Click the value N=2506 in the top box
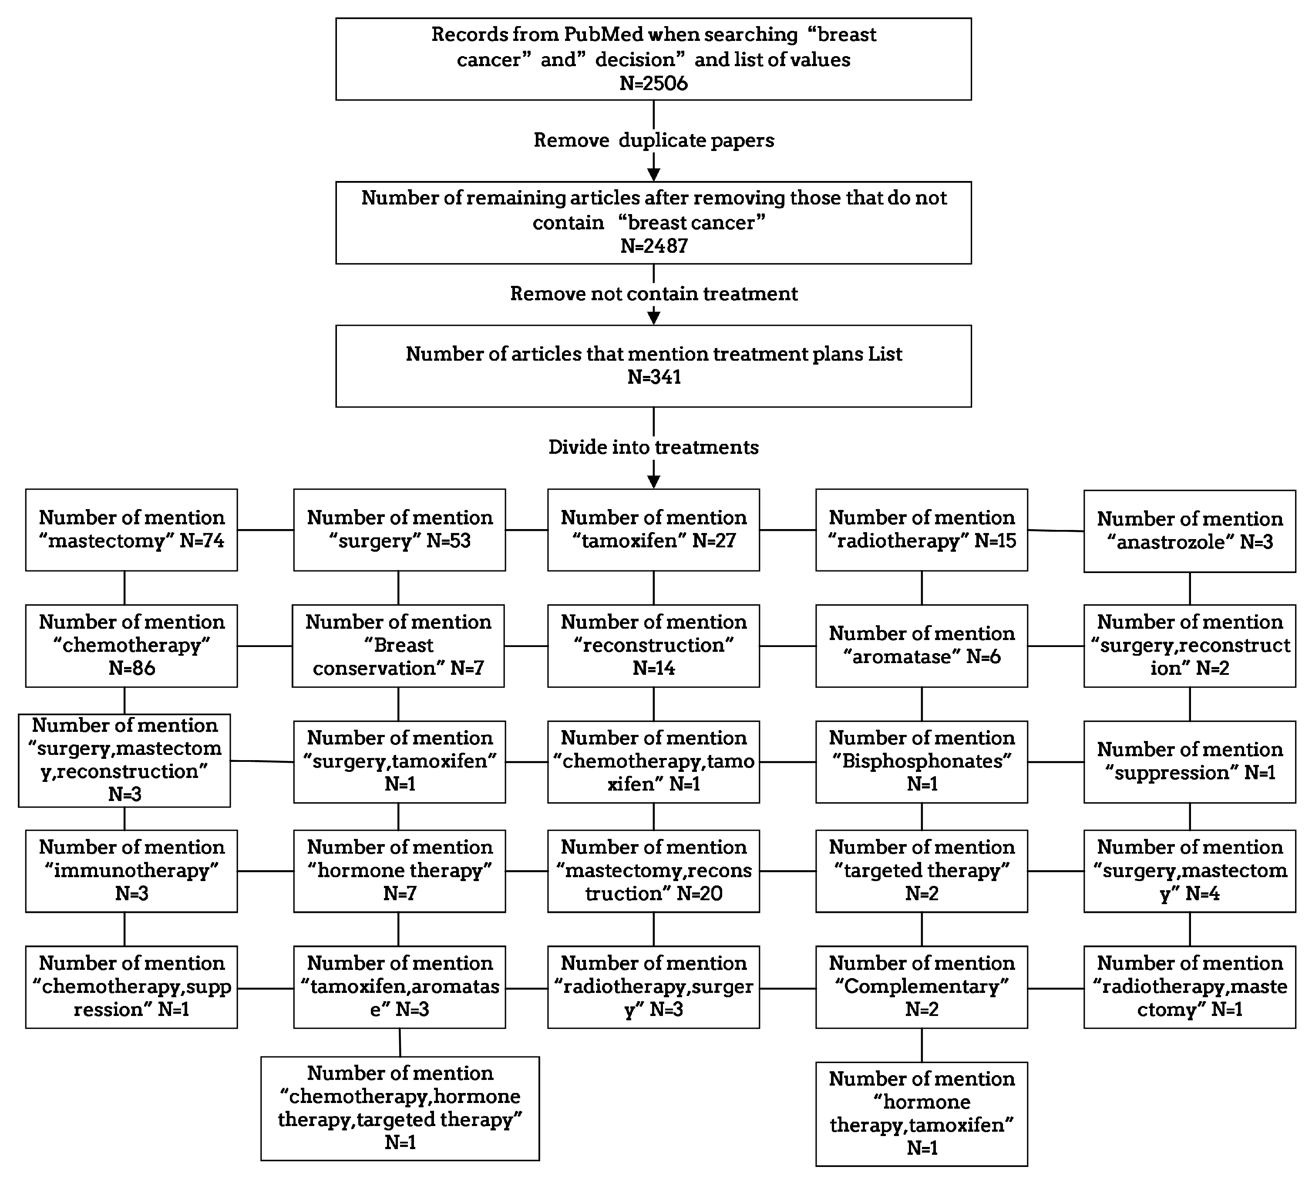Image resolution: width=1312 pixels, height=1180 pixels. (653, 84)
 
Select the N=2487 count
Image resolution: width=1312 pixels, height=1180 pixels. (653, 246)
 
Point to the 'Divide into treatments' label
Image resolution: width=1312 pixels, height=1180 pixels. (653, 447)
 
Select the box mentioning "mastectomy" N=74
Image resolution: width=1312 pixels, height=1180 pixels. (131, 530)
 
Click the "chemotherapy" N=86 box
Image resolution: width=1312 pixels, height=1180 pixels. (131, 646)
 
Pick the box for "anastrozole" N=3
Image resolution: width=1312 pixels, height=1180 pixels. (1189, 531)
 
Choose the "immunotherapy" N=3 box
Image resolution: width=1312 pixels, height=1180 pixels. (131, 871)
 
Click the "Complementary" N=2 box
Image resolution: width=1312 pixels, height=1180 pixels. (921, 987)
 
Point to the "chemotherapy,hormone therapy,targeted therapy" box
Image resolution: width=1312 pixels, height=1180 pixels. (400, 1109)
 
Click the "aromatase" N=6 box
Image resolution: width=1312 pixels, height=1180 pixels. (921, 646)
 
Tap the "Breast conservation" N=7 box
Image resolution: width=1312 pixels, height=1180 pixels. (398, 646)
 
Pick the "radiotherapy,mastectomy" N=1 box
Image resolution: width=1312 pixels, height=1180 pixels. (1189, 987)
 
